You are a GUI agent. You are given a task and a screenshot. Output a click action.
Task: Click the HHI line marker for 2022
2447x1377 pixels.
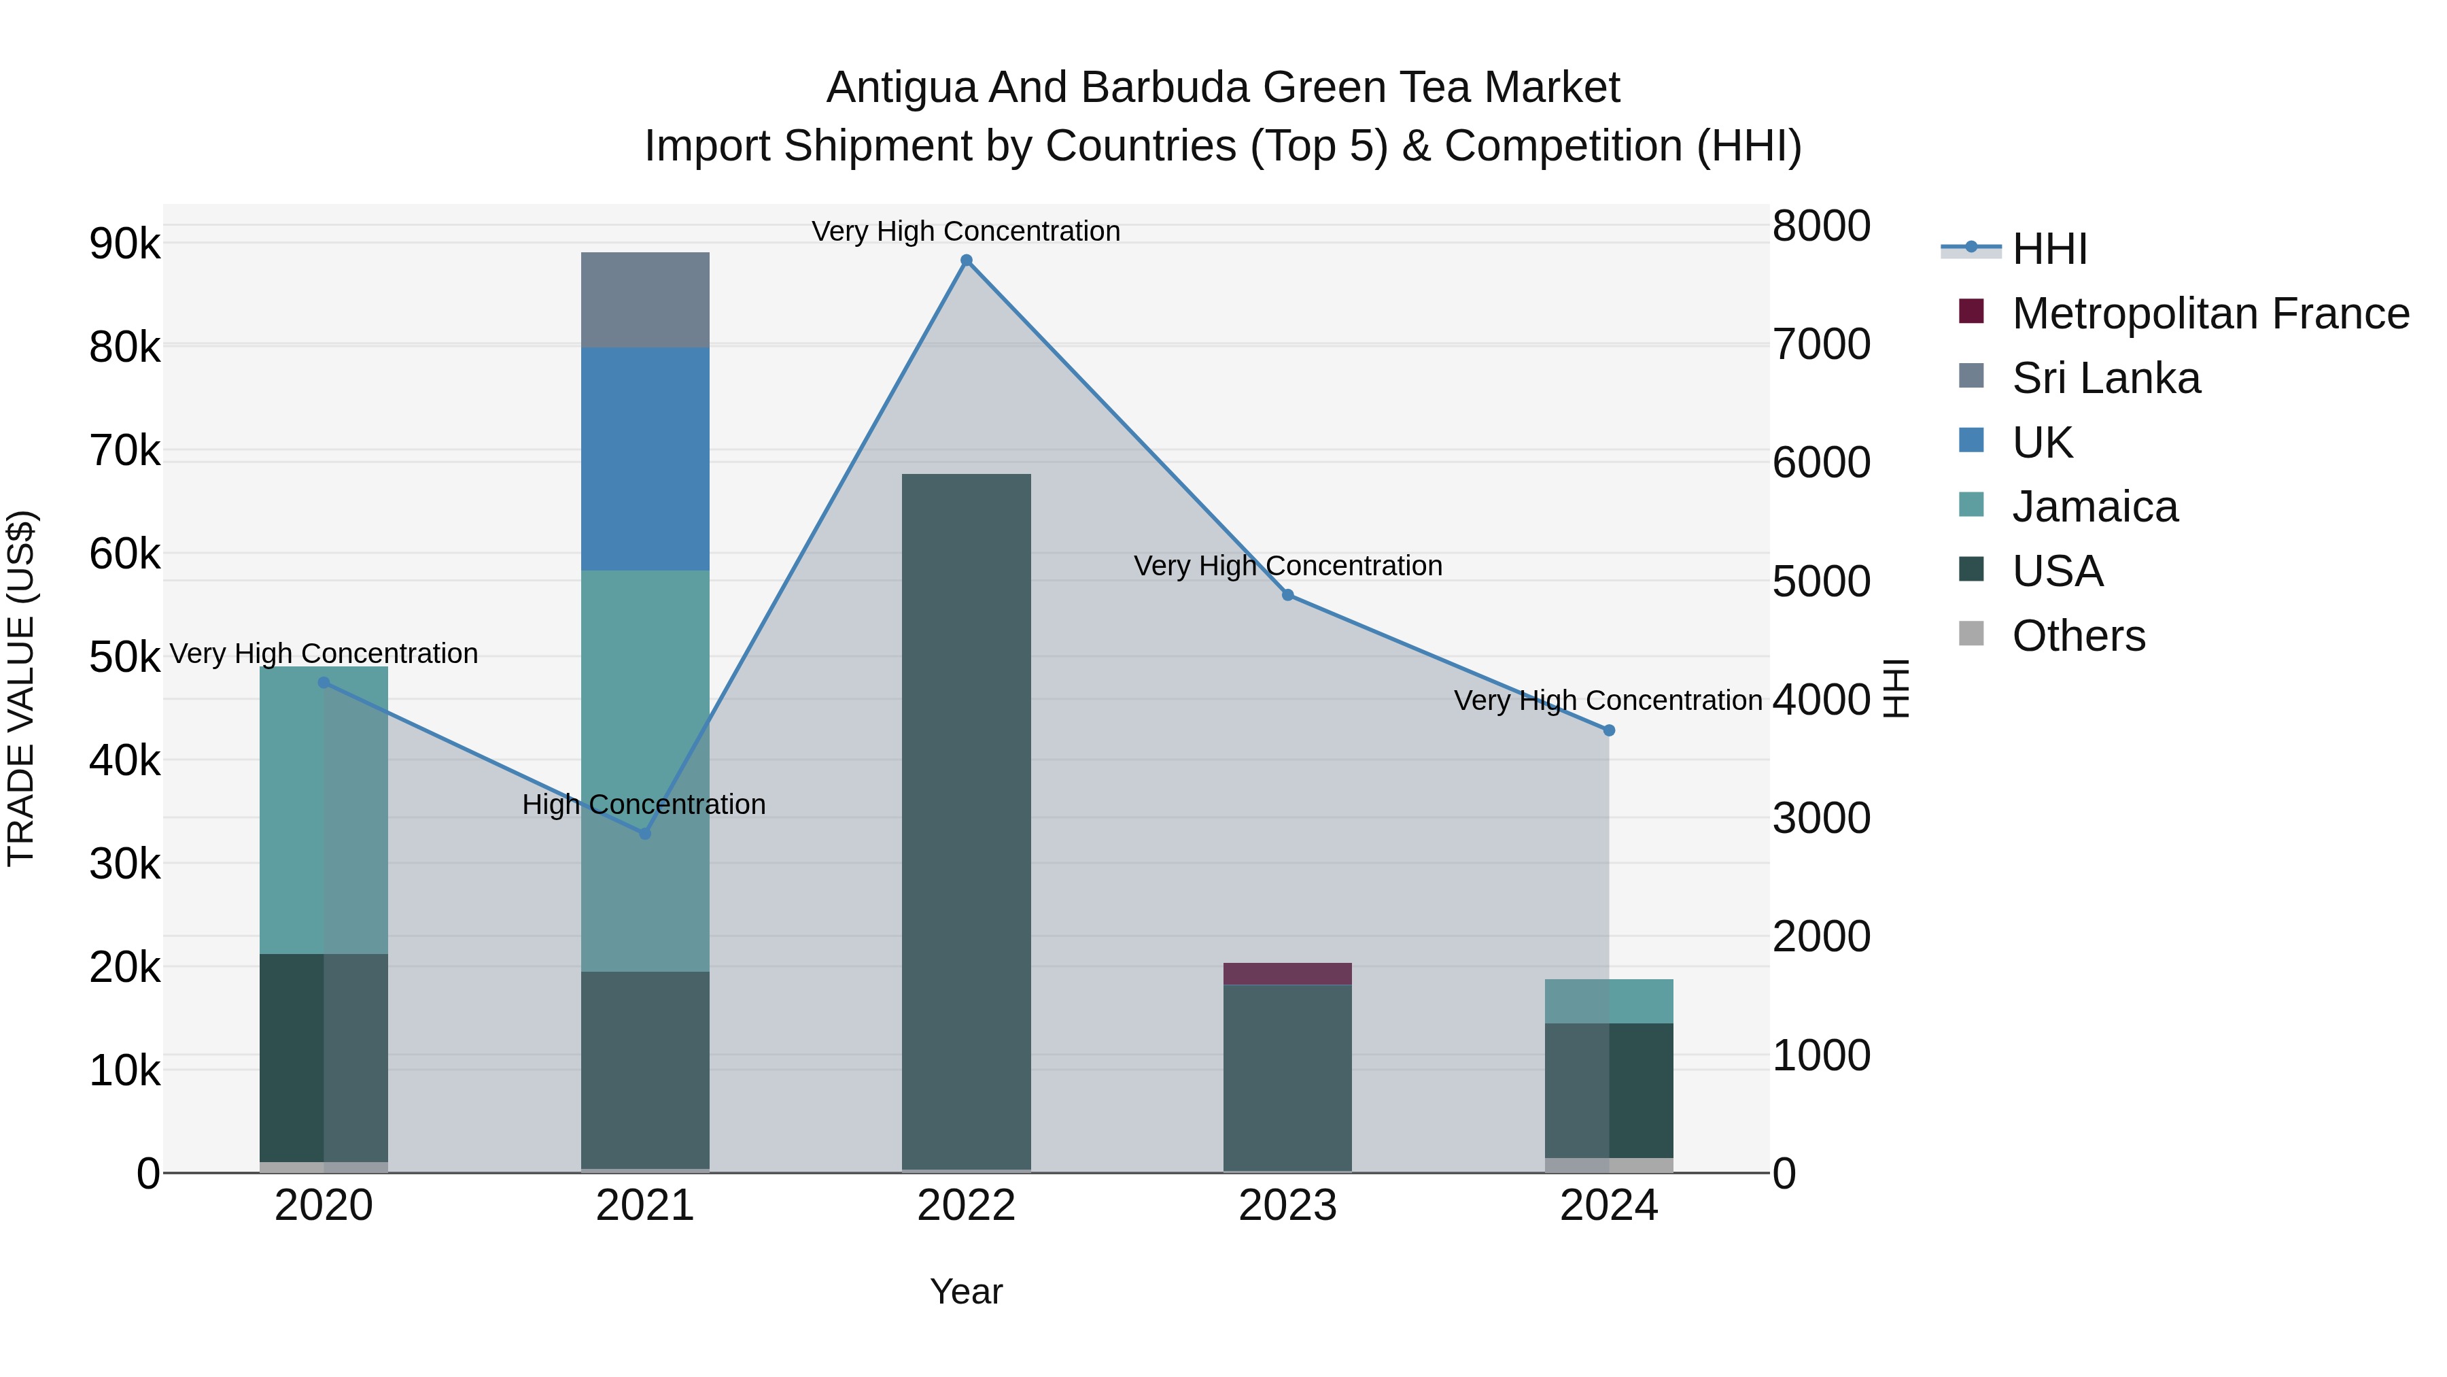(x=966, y=260)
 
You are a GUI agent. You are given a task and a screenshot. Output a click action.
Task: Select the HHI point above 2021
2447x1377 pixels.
(x=645, y=834)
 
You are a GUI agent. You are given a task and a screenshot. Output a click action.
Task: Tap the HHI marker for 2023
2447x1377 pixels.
(x=1288, y=595)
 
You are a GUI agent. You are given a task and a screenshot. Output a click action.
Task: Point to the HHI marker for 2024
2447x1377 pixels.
(x=1609, y=730)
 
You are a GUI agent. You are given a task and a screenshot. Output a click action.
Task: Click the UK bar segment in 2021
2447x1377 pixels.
(x=645, y=458)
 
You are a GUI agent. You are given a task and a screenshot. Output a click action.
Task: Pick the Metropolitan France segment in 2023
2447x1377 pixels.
(x=1287, y=973)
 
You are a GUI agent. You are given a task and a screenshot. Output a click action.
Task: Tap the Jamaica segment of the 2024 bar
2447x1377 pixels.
(x=1609, y=1001)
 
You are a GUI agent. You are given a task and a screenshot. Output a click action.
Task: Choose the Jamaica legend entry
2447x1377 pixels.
(x=2095, y=507)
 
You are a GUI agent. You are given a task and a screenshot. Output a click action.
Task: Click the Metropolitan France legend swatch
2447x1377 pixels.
(x=1971, y=311)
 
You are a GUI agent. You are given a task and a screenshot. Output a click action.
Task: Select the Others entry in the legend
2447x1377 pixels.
(x=2079, y=636)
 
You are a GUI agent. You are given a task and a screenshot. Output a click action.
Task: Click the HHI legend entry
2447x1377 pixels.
(x=2049, y=249)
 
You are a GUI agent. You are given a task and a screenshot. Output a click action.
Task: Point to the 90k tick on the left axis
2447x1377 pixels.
(x=124, y=244)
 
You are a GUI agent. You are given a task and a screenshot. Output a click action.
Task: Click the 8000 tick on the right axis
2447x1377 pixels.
(x=1821, y=226)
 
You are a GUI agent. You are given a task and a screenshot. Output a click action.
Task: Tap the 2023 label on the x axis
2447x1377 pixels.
(x=1287, y=1206)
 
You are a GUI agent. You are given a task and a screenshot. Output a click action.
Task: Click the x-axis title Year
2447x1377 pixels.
(x=966, y=1291)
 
